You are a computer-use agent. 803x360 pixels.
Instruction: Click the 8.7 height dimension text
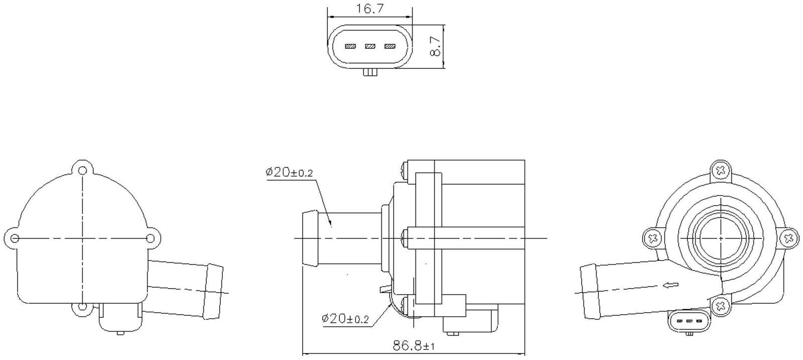(x=435, y=47)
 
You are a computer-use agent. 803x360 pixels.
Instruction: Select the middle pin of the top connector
(x=370, y=47)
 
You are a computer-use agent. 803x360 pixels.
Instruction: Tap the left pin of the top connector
(x=350, y=47)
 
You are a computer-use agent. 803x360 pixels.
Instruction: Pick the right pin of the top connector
(x=389, y=47)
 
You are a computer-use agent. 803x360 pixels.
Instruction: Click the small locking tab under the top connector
(x=370, y=73)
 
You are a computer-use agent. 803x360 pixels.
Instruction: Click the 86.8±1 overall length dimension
(x=414, y=346)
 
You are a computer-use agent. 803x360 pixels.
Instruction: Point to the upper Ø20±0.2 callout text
(x=289, y=172)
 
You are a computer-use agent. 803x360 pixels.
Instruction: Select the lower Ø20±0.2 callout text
(x=345, y=318)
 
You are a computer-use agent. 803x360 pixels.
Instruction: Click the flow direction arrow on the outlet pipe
(x=670, y=286)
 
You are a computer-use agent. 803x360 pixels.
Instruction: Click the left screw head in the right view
(x=653, y=237)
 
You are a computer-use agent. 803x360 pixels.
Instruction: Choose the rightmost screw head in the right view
(x=788, y=237)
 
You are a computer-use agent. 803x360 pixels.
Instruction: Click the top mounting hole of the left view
(x=82, y=170)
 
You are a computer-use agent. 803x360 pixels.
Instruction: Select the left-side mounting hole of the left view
(x=15, y=237)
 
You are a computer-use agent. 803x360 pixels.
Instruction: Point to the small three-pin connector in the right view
(x=689, y=320)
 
